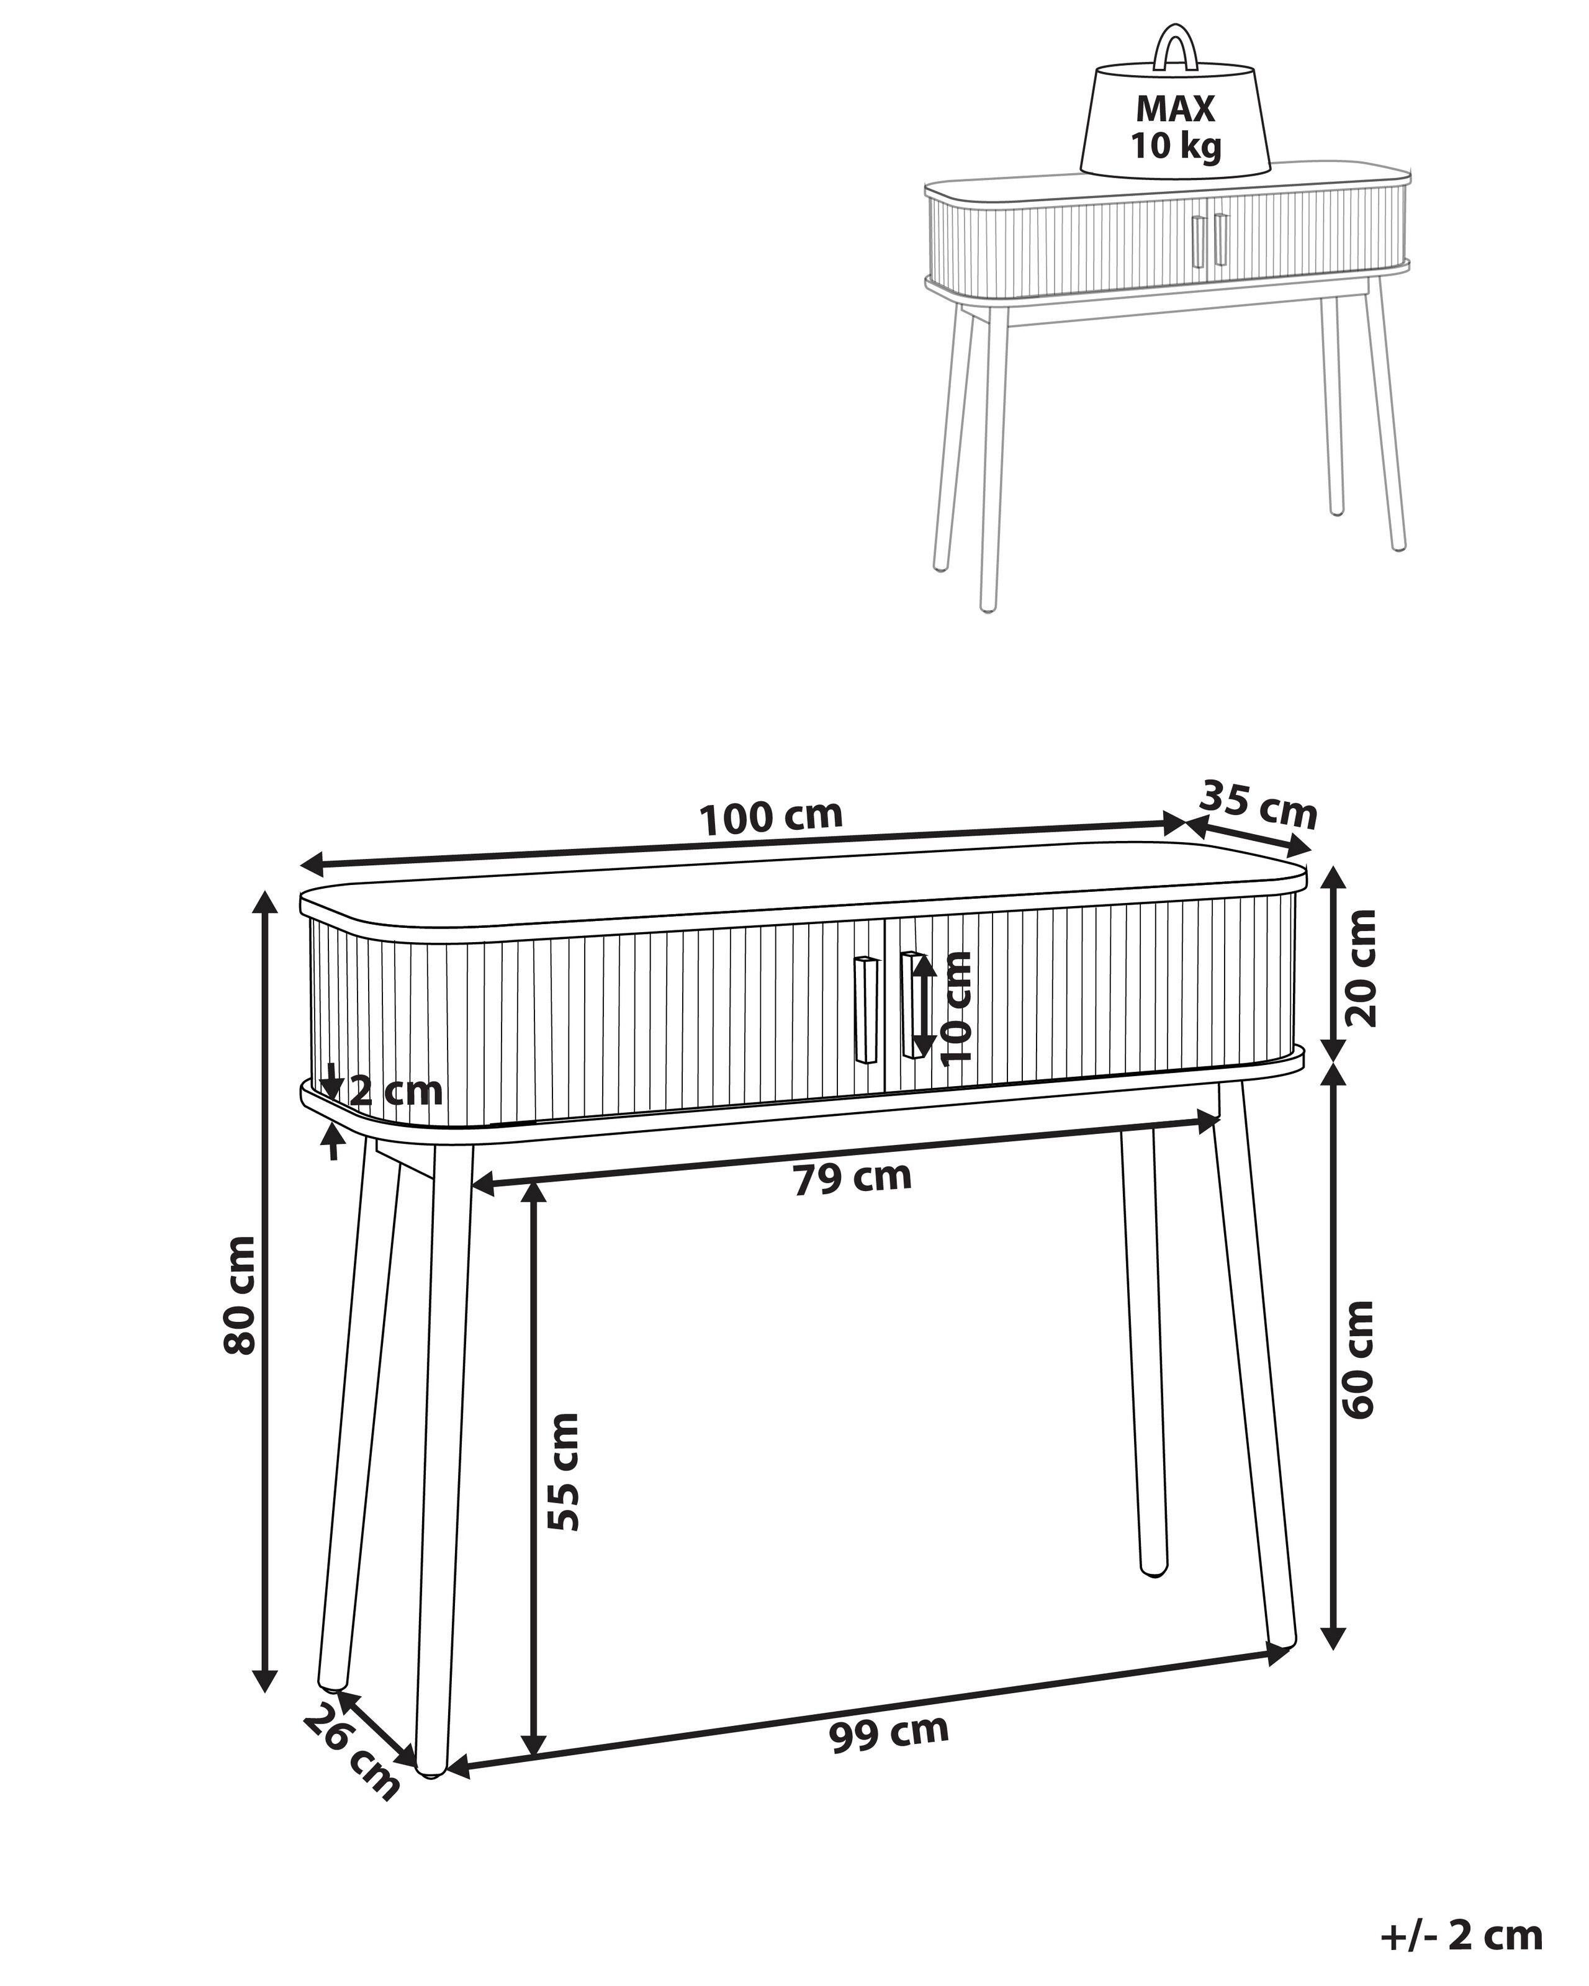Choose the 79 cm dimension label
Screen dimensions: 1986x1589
(x=852, y=1178)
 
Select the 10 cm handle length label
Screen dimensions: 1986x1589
(x=957, y=1008)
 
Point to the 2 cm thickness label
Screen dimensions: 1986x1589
(x=396, y=1092)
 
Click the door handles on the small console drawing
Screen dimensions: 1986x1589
(x=1208, y=241)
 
